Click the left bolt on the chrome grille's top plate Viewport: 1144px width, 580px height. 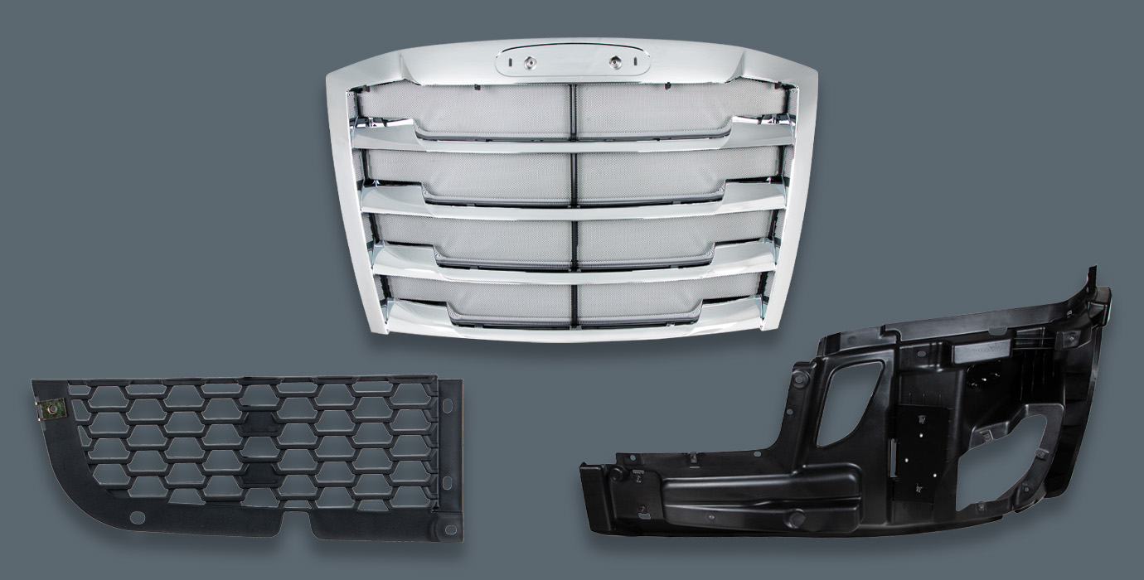(527, 61)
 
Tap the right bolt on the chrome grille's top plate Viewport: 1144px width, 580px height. (616, 61)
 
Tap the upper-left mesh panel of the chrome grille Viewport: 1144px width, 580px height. (464, 109)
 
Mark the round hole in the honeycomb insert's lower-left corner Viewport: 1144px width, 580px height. (138, 518)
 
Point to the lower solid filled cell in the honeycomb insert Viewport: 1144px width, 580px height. (259, 473)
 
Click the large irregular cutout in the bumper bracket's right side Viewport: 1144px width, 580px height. (1007, 464)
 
